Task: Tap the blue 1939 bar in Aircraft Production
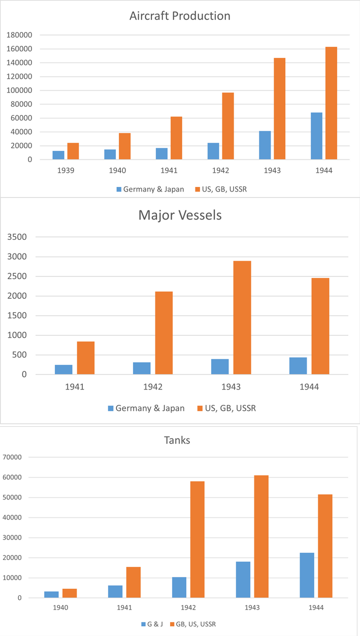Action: click(58, 155)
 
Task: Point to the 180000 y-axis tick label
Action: click(20, 35)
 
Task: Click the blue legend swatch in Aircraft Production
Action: click(119, 189)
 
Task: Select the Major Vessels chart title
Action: click(180, 215)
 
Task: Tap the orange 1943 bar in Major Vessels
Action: click(242, 317)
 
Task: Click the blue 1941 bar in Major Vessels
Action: click(63, 369)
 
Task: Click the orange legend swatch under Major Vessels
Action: click(198, 408)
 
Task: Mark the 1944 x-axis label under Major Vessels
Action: click(309, 387)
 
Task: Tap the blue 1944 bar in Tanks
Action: click(307, 575)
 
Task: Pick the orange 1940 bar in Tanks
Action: click(70, 593)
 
